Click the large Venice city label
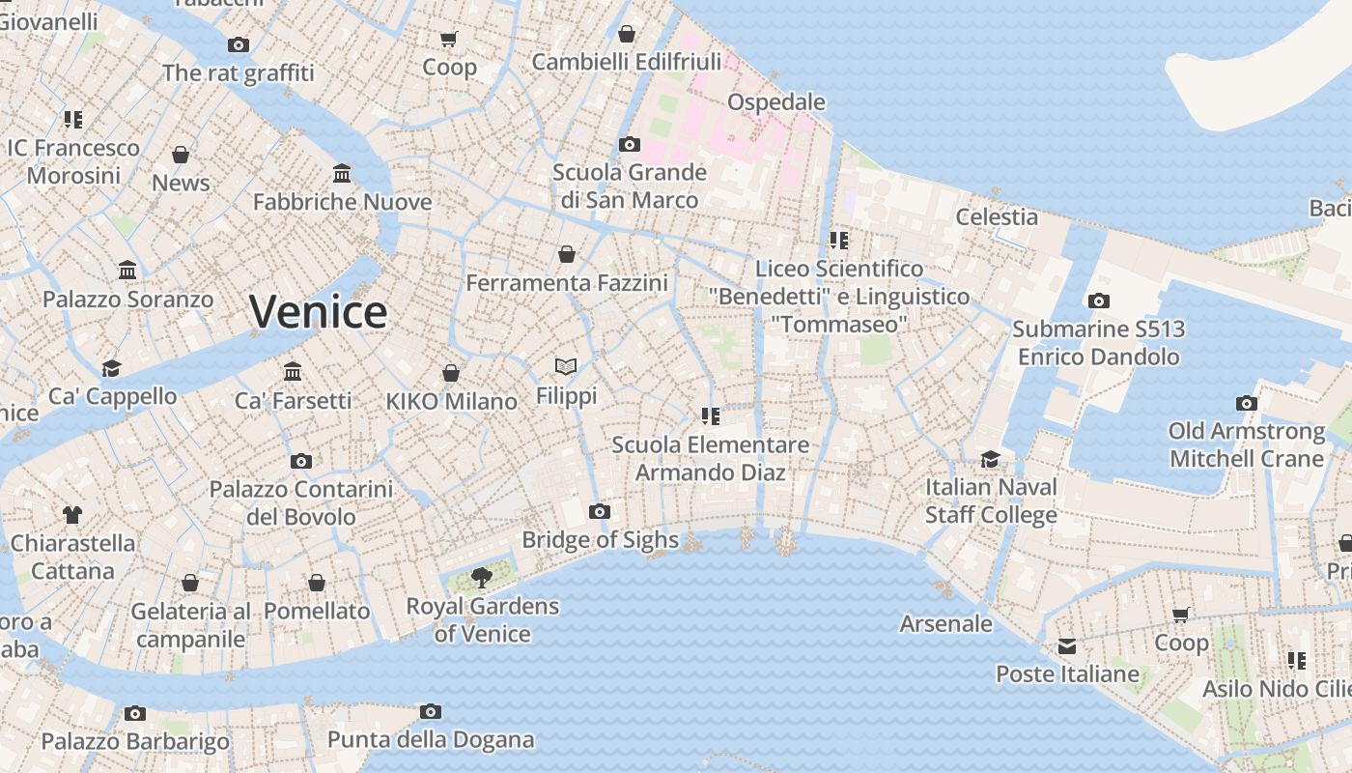318,312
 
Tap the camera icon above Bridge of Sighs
600,511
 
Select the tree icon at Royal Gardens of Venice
481,578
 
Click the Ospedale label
775,102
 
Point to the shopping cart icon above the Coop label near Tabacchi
449,39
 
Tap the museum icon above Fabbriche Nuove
342,173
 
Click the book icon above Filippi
566,367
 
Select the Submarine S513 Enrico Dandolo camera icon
1098,301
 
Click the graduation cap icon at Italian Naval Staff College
991,458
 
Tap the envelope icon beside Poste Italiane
1067,645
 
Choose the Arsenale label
945,624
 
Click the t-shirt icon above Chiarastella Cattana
72,514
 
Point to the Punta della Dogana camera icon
431,712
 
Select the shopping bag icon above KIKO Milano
451,373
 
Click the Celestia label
997,217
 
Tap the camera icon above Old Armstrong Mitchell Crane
1247,403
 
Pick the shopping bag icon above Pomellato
317,583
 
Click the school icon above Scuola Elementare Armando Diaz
711,416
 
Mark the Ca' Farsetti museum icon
293,371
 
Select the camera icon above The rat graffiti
239,44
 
